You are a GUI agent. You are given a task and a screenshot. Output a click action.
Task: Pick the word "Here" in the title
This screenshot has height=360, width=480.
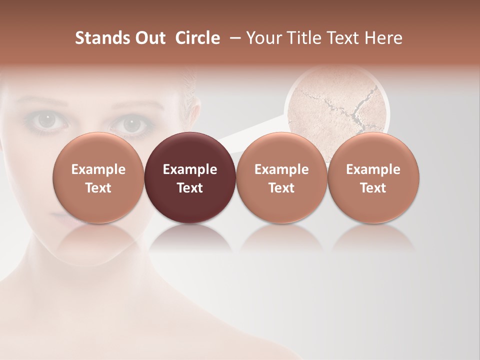point(383,38)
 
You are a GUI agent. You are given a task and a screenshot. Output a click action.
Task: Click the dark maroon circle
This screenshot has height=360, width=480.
point(190,178)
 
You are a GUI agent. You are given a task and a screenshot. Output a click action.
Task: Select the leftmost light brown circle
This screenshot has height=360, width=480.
point(98,178)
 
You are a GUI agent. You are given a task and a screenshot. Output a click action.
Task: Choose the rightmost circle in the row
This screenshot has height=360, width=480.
point(373,178)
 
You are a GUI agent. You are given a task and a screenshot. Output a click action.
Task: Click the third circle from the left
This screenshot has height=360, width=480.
point(281,178)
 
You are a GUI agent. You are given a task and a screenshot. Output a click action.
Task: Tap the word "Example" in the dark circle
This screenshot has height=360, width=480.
point(190,169)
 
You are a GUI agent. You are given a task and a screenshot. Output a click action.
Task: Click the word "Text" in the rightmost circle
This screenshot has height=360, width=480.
point(373,188)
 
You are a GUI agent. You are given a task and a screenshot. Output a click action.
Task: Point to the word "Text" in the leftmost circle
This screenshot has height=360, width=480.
point(98,188)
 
